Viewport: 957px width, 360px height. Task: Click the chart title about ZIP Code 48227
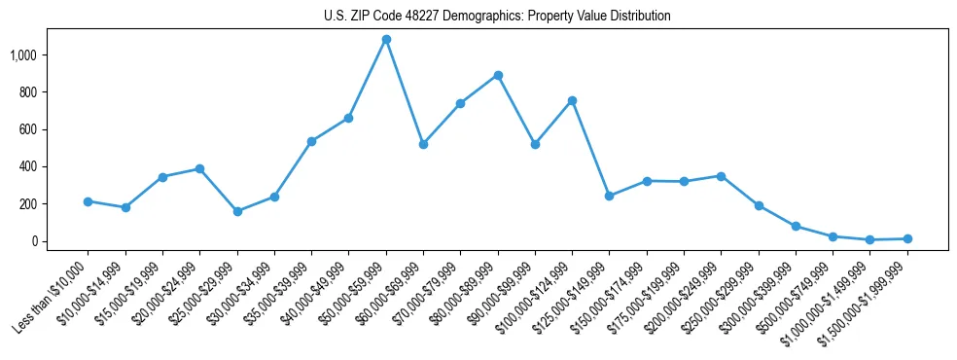[497, 17]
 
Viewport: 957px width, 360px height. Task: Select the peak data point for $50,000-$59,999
[386, 40]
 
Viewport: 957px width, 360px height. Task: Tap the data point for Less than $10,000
[88, 201]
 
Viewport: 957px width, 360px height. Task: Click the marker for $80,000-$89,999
[498, 75]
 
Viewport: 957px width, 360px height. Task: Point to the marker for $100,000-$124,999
[572, 100]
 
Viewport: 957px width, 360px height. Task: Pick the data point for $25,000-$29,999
[237, 211]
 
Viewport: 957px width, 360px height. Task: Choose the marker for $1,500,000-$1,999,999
[906, 238]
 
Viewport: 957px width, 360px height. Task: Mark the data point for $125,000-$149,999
[609, 196]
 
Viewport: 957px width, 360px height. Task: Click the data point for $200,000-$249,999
[721, 176]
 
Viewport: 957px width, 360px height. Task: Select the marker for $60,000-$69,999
[423, 144]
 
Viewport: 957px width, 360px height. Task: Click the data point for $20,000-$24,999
[199, 168]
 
